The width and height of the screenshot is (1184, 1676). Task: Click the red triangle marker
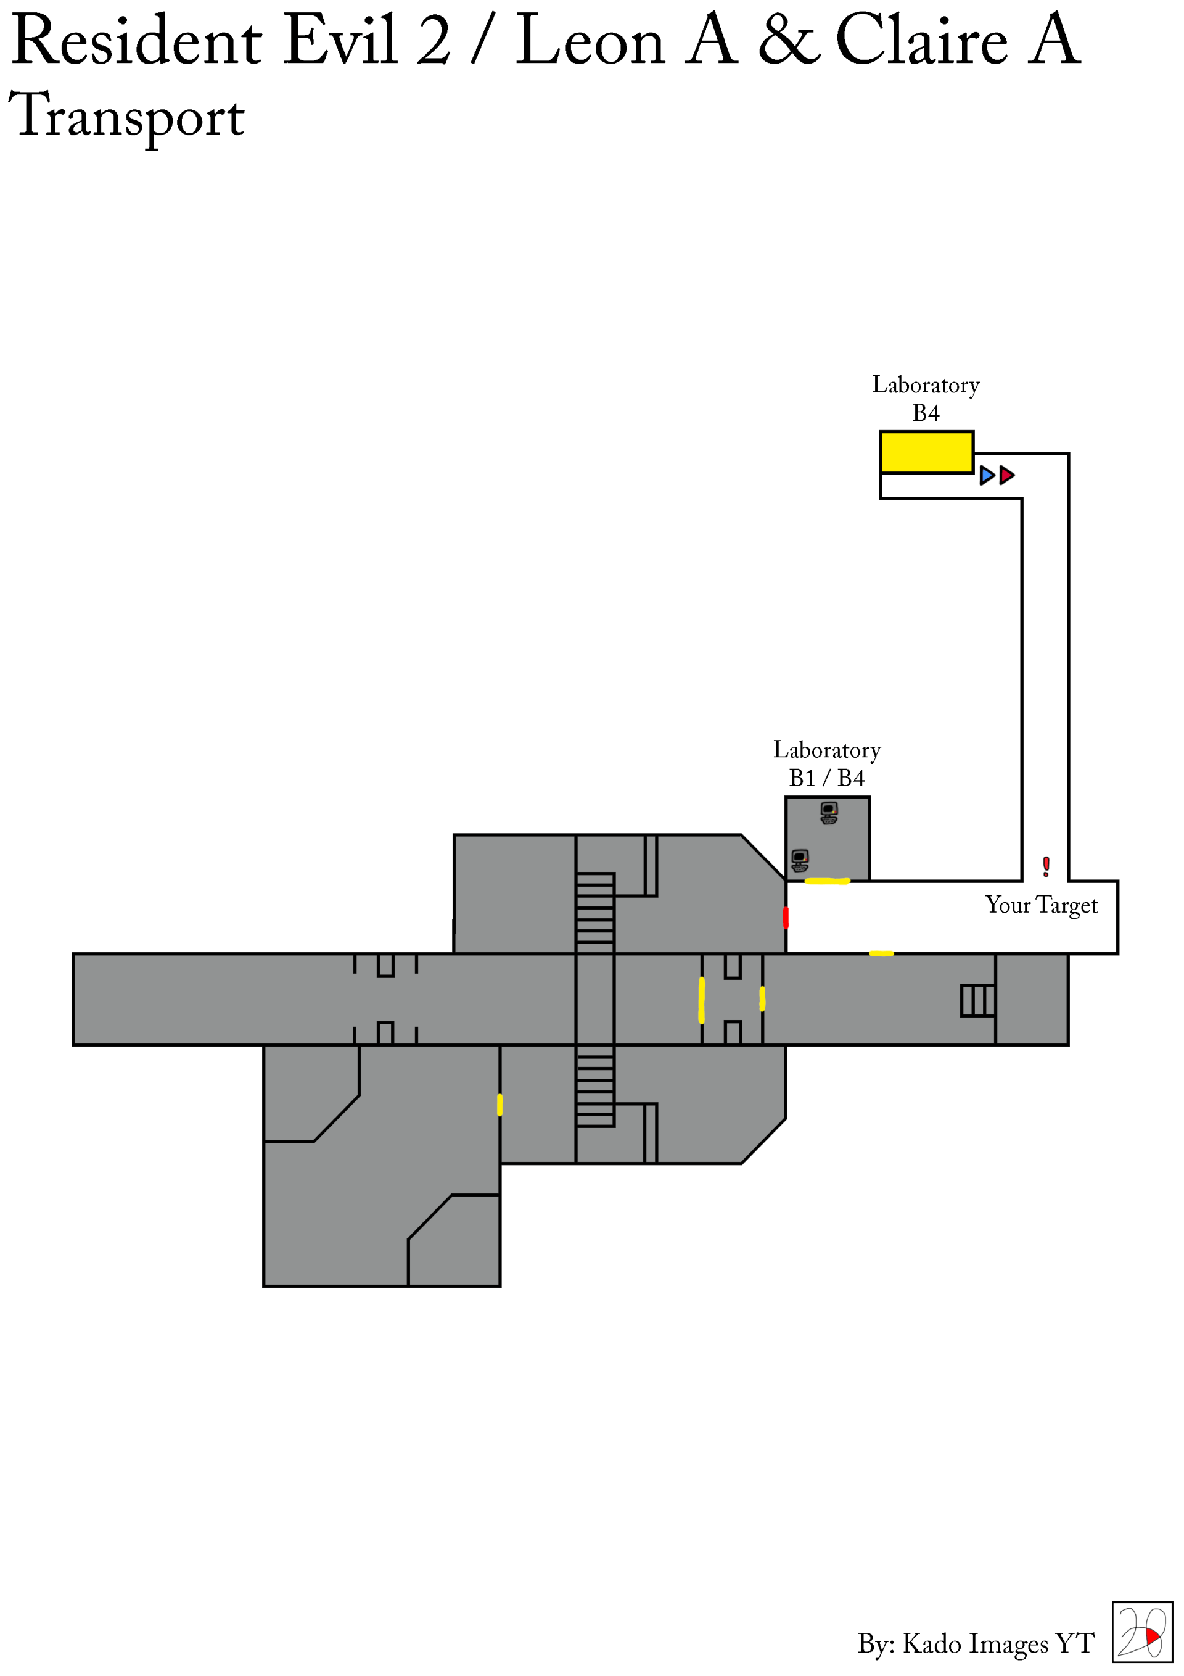1007,475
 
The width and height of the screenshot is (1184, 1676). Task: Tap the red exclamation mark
1046,866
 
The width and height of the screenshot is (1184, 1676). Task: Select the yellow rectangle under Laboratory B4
926,452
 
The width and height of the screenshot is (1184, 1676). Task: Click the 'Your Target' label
1041,905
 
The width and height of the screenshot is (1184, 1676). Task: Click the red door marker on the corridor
786,918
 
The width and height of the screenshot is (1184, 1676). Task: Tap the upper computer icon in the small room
829,811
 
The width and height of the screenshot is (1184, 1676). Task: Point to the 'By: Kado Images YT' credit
976,1643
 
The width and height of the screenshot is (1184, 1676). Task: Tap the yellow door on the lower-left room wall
499,1105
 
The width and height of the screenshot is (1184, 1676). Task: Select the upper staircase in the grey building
594,913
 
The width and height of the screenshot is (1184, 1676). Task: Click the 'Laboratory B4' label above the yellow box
926,399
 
